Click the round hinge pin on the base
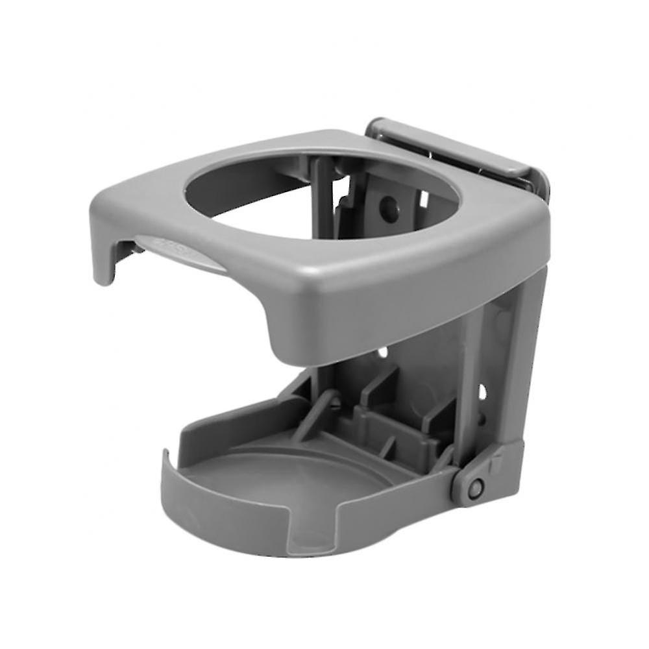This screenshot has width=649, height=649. coord(478,487)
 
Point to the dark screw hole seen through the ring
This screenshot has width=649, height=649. coord(388,208)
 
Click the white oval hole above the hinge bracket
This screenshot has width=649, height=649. coord(481,391)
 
